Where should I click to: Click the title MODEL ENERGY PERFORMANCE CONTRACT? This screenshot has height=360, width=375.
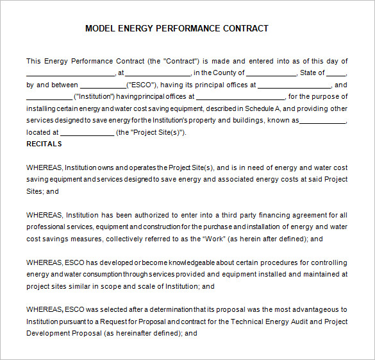tap(176, 28)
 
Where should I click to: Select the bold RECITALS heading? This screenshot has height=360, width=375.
tap(44, 144)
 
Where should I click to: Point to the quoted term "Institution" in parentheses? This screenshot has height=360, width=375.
tap(94, 96)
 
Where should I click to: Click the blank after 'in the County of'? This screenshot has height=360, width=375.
tap(271, 73)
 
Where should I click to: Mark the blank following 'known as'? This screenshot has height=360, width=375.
tap(323, 121)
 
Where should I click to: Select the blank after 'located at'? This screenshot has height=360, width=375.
tap(87, 132)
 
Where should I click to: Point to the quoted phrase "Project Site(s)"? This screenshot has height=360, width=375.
tap(157, 132)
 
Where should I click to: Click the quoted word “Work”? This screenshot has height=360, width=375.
tap(214, 239)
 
